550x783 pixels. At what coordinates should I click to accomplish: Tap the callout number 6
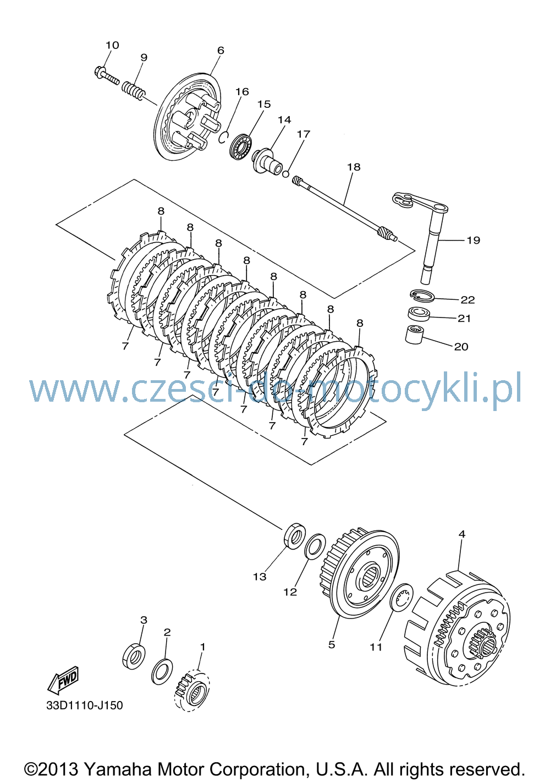(221, 50)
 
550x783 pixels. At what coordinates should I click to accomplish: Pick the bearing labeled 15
(241, 146)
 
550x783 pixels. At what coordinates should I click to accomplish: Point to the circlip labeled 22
(422, 295)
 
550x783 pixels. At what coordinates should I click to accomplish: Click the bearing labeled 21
(419, 313)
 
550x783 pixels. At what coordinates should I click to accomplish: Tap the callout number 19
(473, 240)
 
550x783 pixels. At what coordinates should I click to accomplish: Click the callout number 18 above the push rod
(354, 167)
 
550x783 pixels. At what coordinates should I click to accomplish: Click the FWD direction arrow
(63, 678)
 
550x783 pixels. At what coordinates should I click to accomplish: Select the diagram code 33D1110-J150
(85, 705)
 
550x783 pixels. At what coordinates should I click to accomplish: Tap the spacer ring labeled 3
(134, 655)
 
